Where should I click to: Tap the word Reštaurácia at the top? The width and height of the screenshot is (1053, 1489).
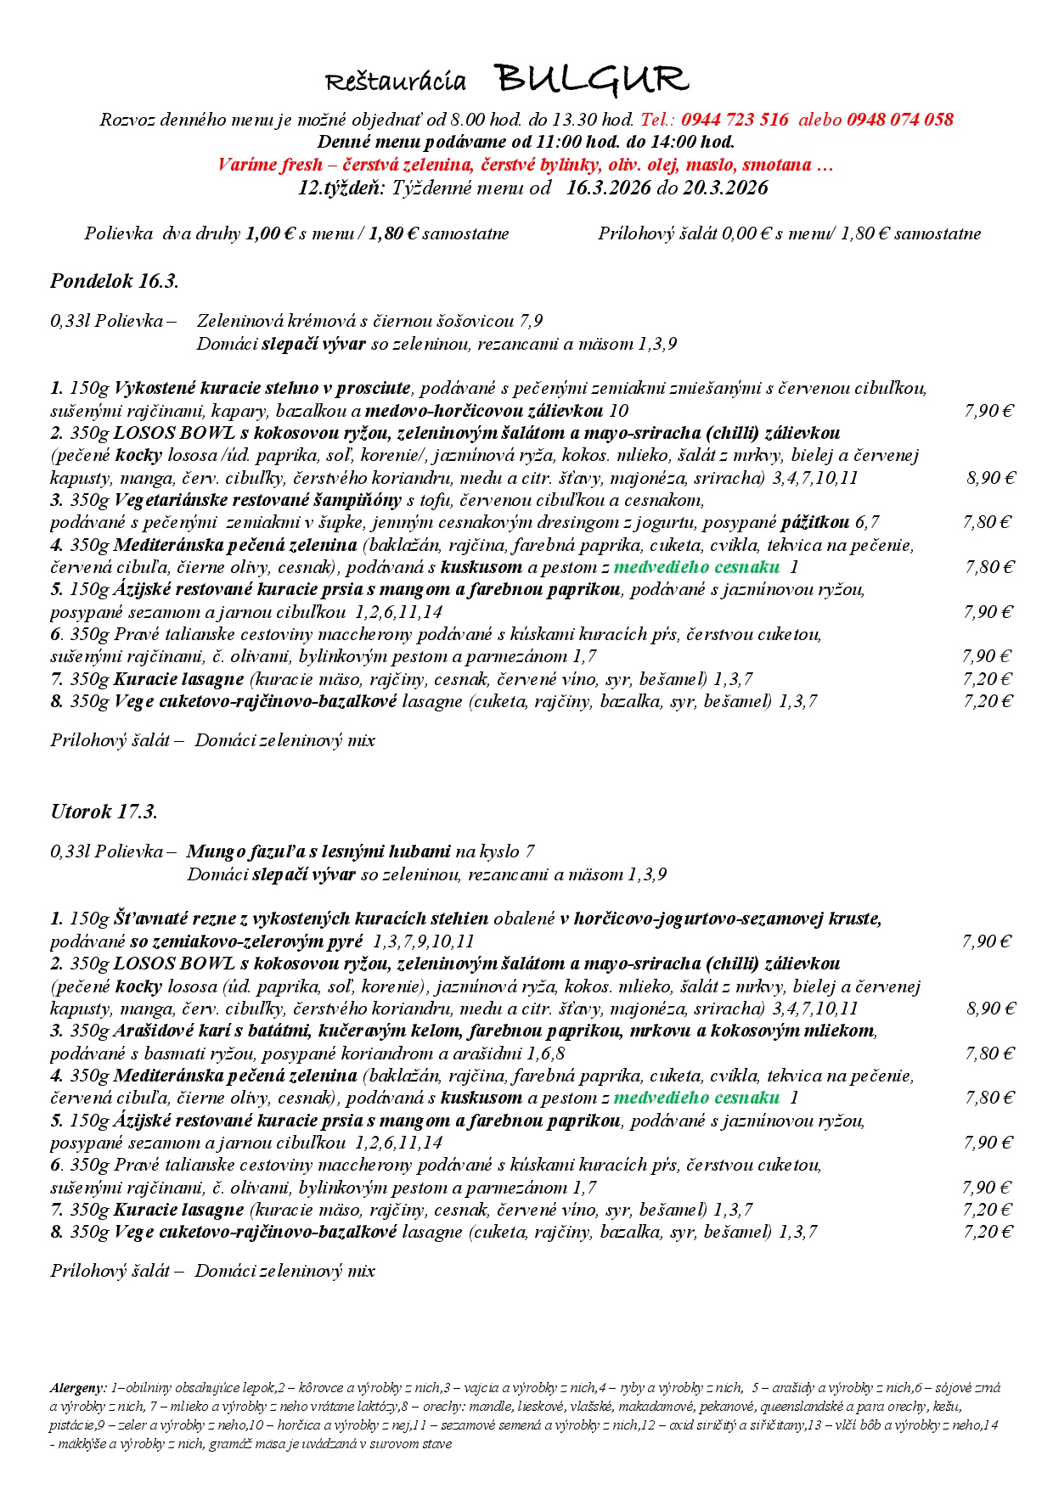396,81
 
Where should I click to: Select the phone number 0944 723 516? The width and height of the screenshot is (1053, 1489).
735,120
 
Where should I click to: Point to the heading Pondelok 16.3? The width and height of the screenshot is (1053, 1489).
115,281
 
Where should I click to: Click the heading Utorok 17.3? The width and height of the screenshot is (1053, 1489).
104,812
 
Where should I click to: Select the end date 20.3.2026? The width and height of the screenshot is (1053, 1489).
725,188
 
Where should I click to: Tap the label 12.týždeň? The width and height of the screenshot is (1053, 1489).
341,188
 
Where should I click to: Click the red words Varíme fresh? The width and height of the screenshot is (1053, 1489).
270,165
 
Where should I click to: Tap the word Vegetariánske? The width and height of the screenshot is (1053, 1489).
171,500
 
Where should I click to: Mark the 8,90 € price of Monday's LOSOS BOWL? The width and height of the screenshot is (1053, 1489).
990,478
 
